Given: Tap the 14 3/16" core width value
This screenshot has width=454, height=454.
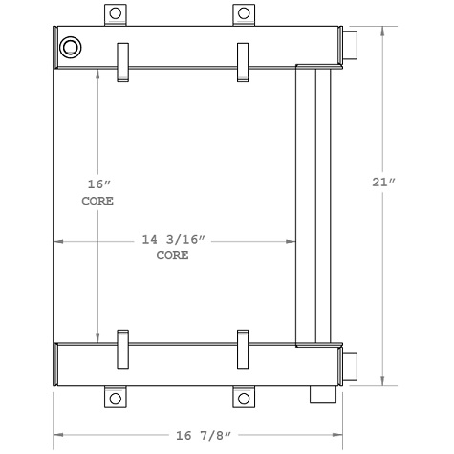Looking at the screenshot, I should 172,242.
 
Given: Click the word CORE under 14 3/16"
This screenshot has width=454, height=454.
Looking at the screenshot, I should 172,256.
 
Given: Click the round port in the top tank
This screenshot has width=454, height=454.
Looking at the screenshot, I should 71,48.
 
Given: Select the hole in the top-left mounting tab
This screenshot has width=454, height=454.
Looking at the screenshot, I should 115,13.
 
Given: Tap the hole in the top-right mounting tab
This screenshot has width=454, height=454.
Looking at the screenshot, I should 244,13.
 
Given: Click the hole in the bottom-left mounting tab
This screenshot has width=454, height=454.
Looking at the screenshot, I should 115,398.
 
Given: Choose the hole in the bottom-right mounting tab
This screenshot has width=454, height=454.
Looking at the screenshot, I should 244,398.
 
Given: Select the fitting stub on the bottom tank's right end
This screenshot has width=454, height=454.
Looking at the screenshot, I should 350,365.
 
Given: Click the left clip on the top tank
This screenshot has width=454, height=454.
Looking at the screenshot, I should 121,63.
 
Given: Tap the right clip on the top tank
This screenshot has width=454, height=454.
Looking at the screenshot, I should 243,63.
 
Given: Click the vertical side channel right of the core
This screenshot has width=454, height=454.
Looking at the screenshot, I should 313,205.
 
